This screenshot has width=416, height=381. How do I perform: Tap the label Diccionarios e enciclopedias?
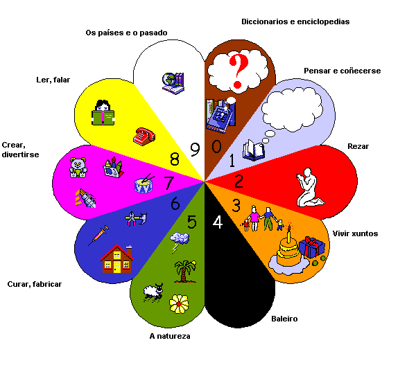click(x=295, y=21)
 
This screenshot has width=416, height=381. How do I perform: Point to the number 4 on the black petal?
click(x=217, y=223)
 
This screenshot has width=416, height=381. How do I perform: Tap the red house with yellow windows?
click(x=117, y=258)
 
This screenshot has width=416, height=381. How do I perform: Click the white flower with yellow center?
click(x=179, y=303)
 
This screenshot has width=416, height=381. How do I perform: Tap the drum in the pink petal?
click(x=144, y=185)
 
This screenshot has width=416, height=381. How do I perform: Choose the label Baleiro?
click(x=284, y=319)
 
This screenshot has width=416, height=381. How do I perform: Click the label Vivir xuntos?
click(x=355, y=233)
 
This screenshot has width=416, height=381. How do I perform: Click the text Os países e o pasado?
click(x=125, y=32)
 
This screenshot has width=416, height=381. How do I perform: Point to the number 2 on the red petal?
click(x=238, y=182)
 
